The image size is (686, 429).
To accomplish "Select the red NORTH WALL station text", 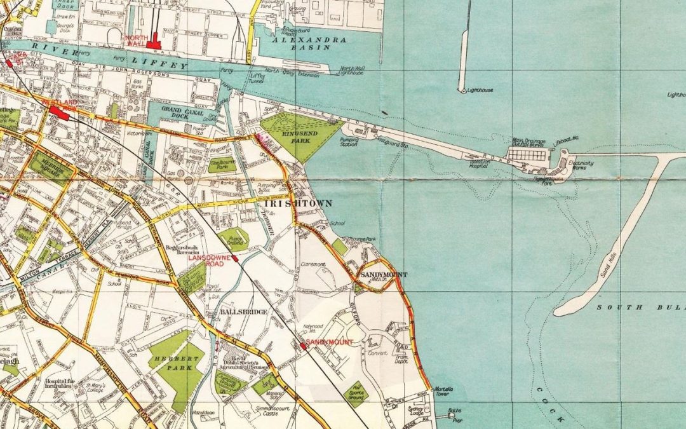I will (137, 41).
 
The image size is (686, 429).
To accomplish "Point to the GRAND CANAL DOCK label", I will (180, 112).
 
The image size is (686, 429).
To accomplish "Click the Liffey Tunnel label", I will (254, 78).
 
